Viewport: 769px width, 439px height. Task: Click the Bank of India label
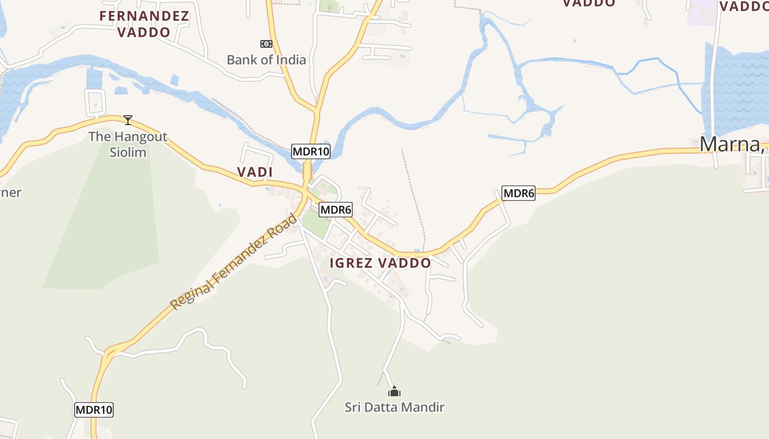click(266, 59)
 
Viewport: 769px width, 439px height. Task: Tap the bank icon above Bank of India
click(266, 44)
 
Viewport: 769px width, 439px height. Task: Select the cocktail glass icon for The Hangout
click(128, 120)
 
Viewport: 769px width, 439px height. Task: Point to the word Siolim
click(128, 152)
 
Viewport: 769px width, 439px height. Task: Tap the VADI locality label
click(255, 172)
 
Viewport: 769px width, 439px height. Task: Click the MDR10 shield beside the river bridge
click(311, 151)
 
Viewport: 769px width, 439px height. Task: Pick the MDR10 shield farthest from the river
click(94, 409)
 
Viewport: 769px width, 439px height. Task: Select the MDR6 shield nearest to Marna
click(519, 193)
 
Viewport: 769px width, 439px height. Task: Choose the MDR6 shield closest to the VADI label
click(336, 209)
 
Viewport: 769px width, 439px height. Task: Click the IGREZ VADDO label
click(380, 263)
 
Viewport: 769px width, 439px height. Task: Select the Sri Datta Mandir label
click(394, 407)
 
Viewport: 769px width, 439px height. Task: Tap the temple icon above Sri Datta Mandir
click(394, 392)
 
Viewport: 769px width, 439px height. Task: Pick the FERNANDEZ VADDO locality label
click(144, 24)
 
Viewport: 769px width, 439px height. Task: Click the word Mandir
click(423, 407)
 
